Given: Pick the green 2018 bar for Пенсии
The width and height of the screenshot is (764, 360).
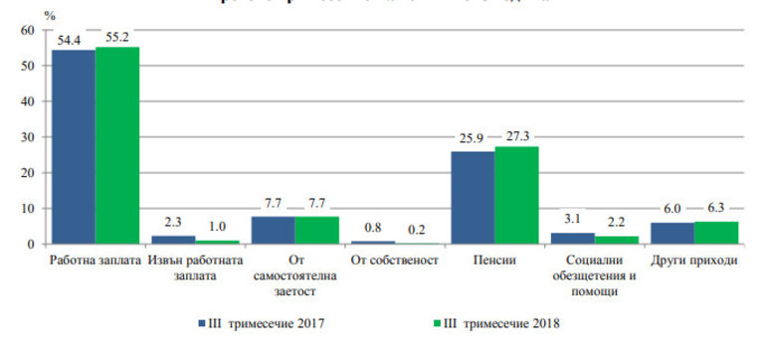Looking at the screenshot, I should point(516,195).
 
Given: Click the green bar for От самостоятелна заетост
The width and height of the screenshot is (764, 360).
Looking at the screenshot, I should point(316,230).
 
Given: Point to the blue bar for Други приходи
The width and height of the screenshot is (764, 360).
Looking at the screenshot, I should point(672,233).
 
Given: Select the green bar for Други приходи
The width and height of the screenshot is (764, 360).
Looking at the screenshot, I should point(716,233).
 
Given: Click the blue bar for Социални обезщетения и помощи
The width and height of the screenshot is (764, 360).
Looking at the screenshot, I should point(573,239).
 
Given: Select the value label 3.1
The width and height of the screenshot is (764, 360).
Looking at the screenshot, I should point(571,219).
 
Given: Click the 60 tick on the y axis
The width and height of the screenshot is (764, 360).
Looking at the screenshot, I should point(27,31).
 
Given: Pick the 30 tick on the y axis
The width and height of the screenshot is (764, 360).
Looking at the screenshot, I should point(27,137).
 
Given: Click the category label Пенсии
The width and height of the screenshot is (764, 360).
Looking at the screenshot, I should point(494,262).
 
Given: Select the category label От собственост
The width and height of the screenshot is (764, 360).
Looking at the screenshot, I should point(394,262).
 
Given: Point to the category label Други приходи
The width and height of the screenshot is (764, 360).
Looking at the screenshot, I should point(693,262).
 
